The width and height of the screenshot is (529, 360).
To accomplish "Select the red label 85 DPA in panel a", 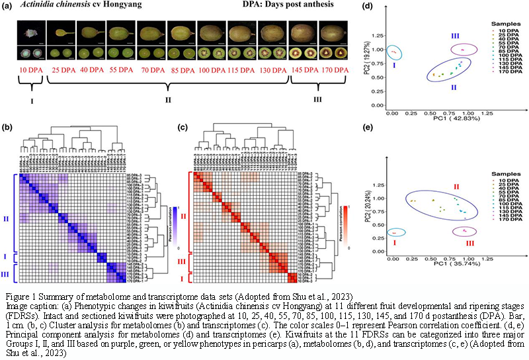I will click(x=181, y=69).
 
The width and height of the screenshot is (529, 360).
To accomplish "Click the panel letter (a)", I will click(x=10, y=7).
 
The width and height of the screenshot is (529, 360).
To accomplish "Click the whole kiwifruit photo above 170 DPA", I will click(x=332, y=32).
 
